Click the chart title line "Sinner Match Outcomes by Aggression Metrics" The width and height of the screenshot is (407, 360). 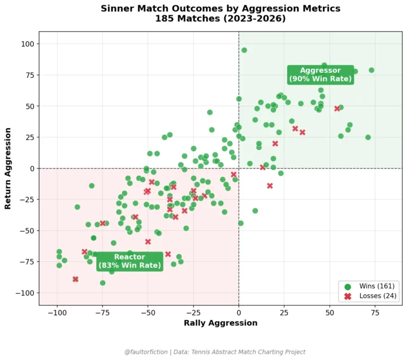220,8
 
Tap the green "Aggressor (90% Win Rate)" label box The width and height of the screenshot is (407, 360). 321,75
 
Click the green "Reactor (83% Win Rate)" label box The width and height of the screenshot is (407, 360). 129,261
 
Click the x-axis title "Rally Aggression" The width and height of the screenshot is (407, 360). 220,323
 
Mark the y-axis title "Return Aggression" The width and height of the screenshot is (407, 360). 8,168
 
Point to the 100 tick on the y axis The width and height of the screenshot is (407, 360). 28,44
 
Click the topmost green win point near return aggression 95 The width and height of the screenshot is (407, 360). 244,50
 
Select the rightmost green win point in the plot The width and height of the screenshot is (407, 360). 371,70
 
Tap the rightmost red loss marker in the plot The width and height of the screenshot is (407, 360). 337,109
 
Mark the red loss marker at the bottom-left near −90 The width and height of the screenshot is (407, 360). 75,279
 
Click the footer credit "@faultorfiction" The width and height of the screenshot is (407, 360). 147,352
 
